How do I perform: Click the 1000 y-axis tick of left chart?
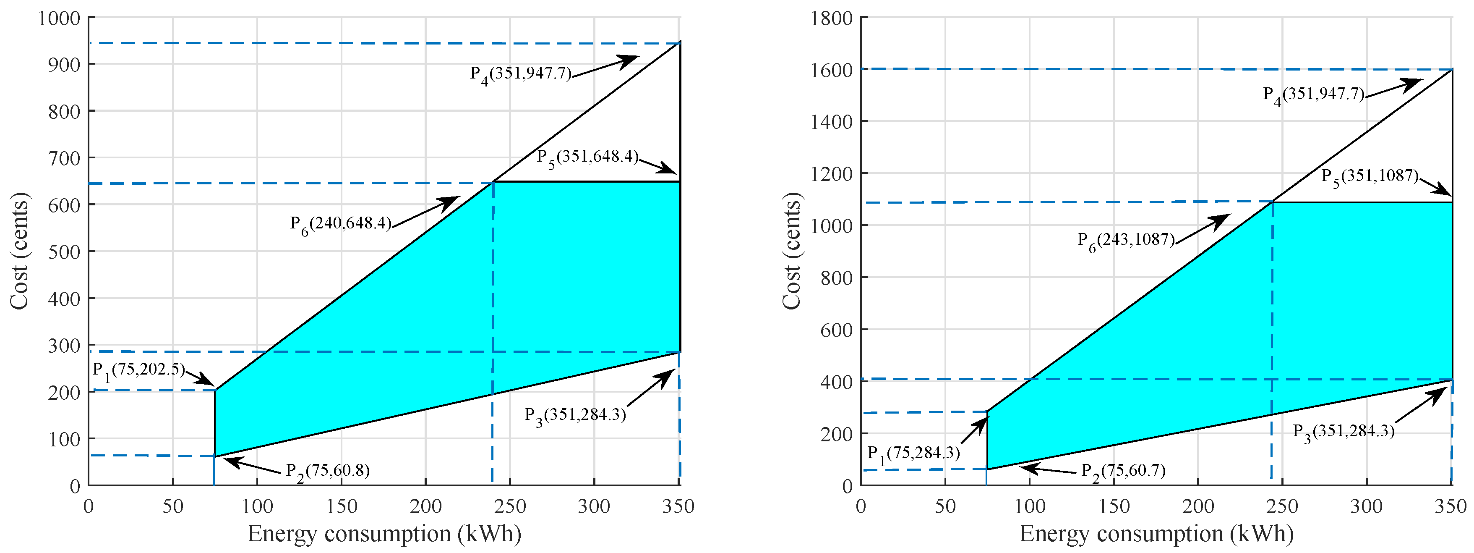tap(59, 18)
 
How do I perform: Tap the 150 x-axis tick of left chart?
tap(342, 506)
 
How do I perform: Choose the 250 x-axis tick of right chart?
tap(1282, 506)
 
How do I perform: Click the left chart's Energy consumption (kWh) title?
tap(384, 534)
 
